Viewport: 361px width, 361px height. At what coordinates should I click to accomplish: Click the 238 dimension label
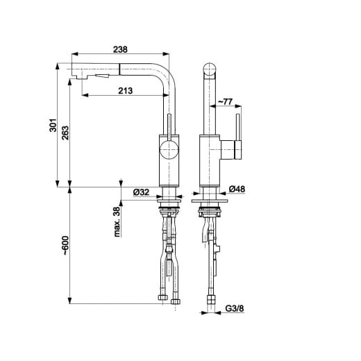(120, 49)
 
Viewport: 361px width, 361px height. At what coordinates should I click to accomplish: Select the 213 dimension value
(126, 90)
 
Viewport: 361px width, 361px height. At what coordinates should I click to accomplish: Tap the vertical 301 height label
(53, 125)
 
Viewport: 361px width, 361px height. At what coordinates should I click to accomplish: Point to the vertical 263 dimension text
(65, 133)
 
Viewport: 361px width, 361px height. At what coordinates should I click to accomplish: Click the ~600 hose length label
(65, 246)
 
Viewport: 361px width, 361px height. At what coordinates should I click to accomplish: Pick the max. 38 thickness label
(117, 221)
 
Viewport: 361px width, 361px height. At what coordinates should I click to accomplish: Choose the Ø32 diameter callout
(141, 192)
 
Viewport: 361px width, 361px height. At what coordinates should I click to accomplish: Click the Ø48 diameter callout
(237, 189)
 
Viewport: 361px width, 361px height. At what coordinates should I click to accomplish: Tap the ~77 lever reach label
(225, 101)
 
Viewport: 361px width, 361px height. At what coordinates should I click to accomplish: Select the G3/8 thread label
(235, 308)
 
